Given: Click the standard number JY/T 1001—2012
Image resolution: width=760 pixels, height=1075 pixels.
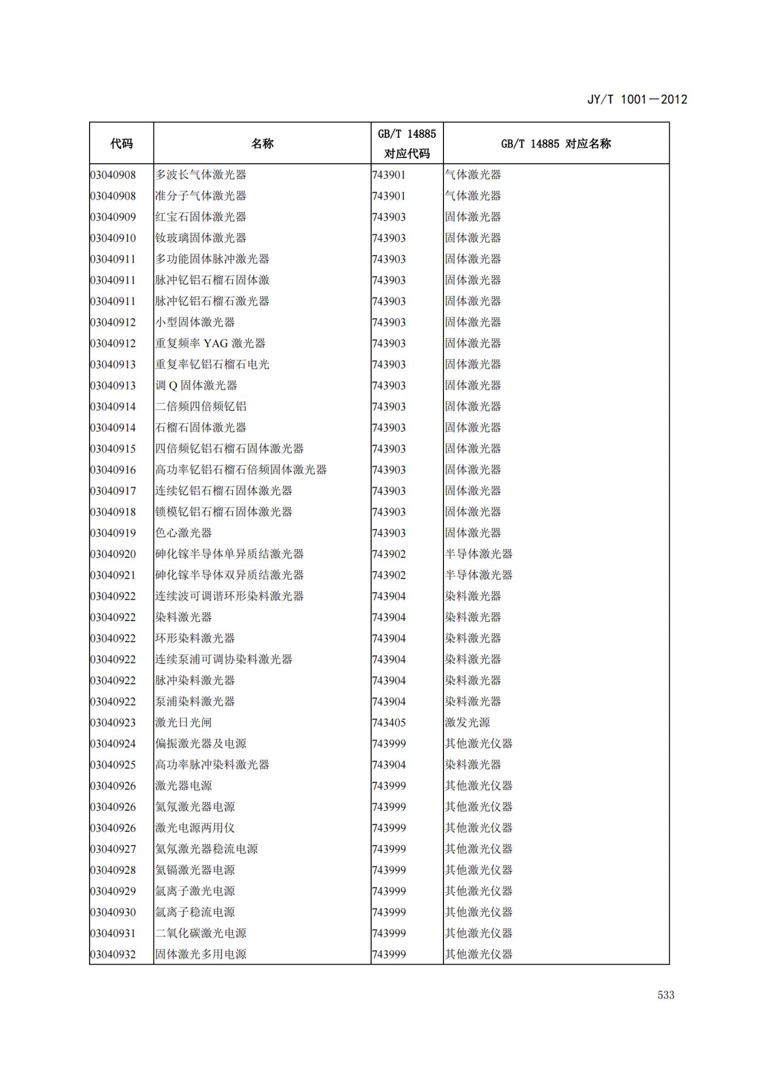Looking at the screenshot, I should (x=636, y=99).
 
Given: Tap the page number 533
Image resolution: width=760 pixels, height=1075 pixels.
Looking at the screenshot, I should (x=666, y=995).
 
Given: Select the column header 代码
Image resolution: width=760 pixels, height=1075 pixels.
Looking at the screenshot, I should (x=121, y=144).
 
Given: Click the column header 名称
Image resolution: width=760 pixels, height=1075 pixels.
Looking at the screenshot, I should (x=262, y=144).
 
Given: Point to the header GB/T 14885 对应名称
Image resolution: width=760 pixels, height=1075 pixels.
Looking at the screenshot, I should (x=555, y=144).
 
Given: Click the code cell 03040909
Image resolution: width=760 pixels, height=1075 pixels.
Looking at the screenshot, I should (x=113, y=217).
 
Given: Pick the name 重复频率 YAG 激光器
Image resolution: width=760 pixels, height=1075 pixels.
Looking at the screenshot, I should (x=210, y=344).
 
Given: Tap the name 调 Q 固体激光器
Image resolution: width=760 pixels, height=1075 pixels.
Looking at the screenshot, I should (x=196, y=386).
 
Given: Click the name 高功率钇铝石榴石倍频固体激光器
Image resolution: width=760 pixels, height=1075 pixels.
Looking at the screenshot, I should (x=241, y=470).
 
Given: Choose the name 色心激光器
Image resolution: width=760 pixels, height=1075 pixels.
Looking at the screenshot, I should (x=183, y=533).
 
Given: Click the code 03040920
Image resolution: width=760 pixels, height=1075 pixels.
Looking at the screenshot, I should (x=113, y=554).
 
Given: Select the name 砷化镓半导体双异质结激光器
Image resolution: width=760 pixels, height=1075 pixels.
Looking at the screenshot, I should (x=229, y=575).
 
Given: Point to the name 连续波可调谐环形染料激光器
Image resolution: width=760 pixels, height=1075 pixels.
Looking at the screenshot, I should (x=229, y=596).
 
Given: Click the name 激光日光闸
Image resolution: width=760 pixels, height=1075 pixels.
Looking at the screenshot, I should (x=179, y=723).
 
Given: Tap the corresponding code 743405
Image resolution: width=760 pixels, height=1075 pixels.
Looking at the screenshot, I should (x=389, y=723).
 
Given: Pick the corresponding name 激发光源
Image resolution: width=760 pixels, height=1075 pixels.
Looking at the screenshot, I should (x=467, y=723).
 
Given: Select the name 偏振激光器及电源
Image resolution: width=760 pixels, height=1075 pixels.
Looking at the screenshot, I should (x=200, y=744).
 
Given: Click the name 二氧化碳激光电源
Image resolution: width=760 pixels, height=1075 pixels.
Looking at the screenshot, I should (x=200, y=934).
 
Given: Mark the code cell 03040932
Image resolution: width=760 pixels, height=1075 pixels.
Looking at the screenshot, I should (x=113, y=955).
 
